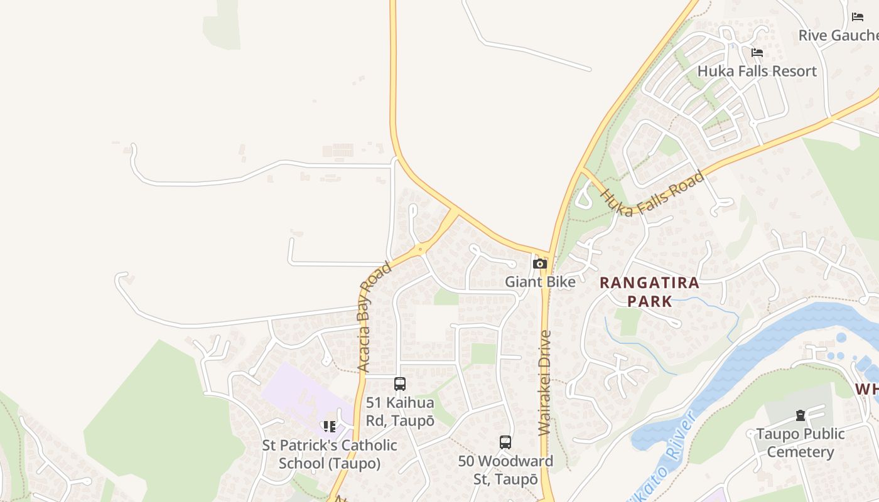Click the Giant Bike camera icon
point(539,264)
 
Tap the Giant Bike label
point(540,282)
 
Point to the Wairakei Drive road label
point(545,383)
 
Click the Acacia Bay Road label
point(374,318)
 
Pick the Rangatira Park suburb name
point(649,292)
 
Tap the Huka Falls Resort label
point(757,71)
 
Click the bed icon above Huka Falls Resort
point(757,53)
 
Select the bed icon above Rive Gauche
point(858,17)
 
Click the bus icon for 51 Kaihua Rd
point(400,384)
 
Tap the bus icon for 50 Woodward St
point(505,442)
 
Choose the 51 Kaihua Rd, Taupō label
point(400,412)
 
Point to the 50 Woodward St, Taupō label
point(505,470)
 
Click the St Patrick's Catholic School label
point(330,454)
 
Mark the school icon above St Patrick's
point(329,427)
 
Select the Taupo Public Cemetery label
point(801,443)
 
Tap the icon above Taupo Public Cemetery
point(801,415)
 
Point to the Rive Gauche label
point(838,35)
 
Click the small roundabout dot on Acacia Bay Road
point(420,249)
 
